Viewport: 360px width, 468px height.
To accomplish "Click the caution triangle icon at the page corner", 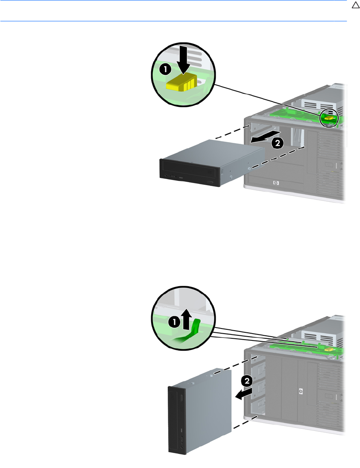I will (355, 6).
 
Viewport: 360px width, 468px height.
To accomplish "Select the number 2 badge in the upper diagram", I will (277, 143).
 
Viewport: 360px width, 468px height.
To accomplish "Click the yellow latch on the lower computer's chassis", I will (329, 349).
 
